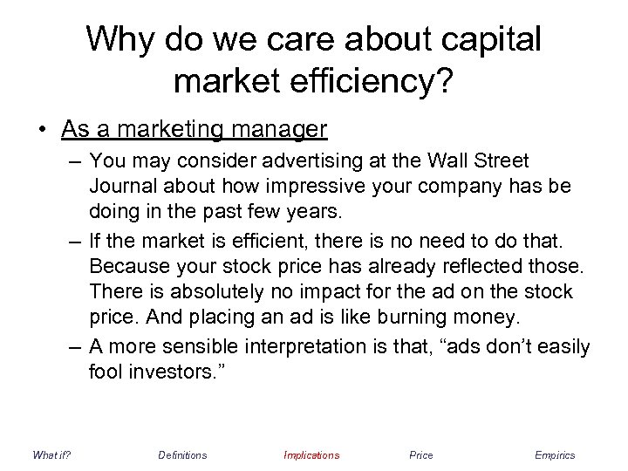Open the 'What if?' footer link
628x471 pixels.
pos(51,454)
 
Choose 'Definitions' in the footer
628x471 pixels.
pos(182,454)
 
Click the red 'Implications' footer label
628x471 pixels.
pos(311,454)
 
